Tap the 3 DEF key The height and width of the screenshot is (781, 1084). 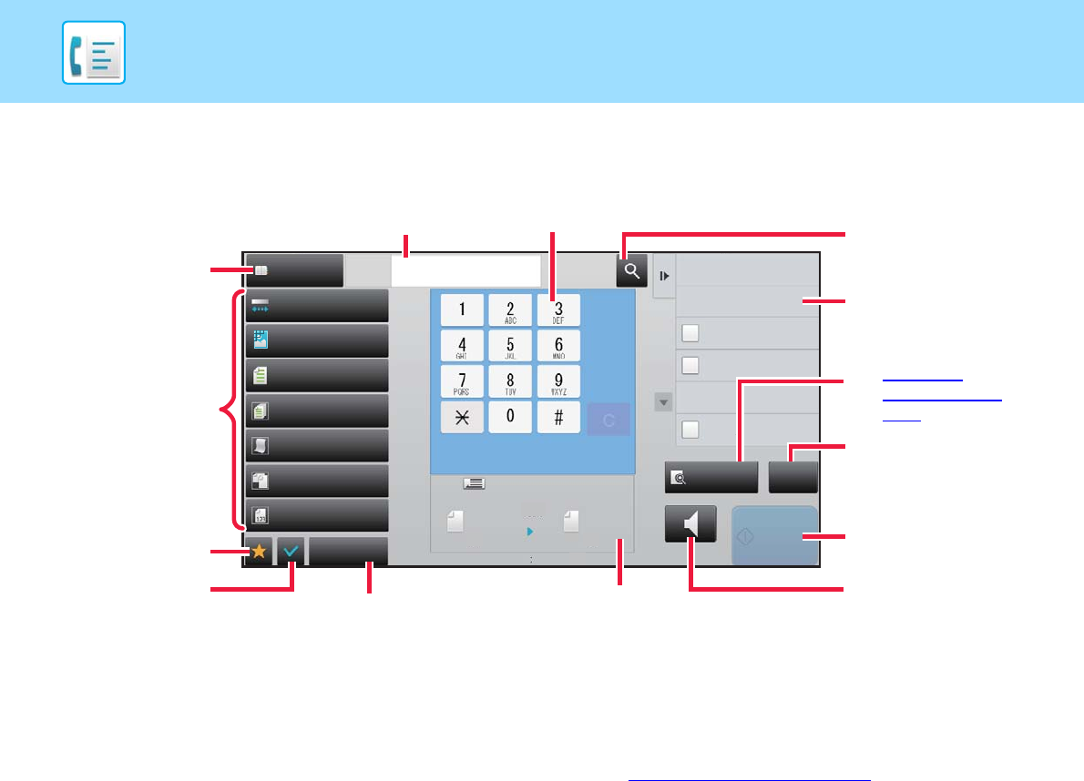[x=557, y=310]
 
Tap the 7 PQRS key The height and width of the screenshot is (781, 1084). [x=463, y=381]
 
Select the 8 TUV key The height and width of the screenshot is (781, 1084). [x=510, y=381]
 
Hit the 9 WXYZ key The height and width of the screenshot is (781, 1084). [x=557, y=381]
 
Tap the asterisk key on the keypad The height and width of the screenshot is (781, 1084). [x=463, y=417]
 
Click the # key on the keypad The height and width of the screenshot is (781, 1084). [x=557, y=417]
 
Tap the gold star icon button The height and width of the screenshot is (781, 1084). [x=259, y=553]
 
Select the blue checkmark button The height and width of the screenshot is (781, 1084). [x=291, y=553]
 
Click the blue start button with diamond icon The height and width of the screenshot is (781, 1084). [x=773, y=536]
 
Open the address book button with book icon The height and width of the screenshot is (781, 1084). [x=293, y=270]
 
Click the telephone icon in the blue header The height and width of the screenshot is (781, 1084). [x=94, y=53]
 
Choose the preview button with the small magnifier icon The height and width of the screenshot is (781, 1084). [x=711, y=477]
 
